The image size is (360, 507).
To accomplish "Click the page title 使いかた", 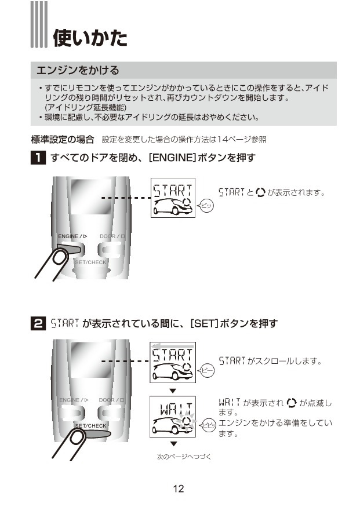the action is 90,38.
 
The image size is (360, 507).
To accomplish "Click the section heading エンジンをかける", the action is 78,70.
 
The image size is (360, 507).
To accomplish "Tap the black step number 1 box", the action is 38,158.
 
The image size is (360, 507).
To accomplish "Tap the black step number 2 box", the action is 38,323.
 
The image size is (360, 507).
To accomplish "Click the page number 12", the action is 178,488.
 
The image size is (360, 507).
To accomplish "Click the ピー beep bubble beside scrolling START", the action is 206,371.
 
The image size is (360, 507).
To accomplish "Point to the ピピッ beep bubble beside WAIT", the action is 208,425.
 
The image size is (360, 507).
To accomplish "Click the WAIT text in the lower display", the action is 176,408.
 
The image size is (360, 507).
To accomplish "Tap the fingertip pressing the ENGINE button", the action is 60,258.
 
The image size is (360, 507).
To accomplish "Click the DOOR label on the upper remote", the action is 107,236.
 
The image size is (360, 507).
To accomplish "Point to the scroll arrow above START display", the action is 173,346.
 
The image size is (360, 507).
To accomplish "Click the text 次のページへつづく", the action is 184,457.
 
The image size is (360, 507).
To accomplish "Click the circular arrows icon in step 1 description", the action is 260,192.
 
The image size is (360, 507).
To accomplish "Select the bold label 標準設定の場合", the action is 63,140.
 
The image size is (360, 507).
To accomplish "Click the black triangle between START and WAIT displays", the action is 173,391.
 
